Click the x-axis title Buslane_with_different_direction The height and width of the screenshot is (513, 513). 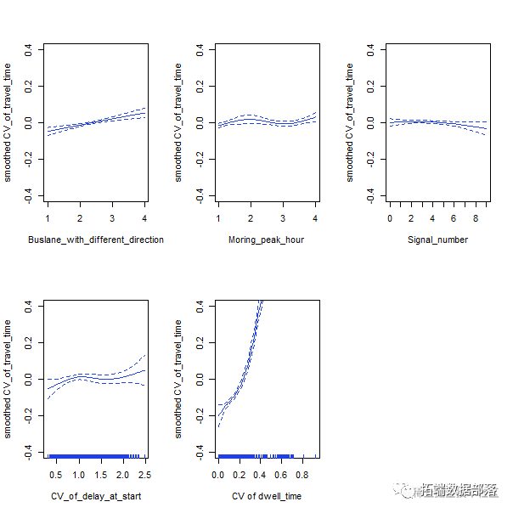pyautogui.click(x=96, y=240)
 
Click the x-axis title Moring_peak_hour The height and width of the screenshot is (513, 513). pyautogui.click(x=267, y=240)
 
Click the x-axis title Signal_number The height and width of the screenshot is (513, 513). pyautogui.click(x=438, y=240)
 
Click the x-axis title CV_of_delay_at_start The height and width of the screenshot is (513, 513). pyautogui.click(x=96, y=496)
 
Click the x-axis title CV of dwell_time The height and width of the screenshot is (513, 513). pyautogui.click(x=267, y=496)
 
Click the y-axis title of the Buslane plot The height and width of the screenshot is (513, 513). pyautogui.click(x=8, y=123)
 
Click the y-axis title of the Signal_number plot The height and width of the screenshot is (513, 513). pyautogui.click(x=350, y=123)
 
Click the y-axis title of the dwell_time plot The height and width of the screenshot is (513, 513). pyautogui.click(x=179, y=379)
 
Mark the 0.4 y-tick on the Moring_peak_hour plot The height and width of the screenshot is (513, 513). pyautogui.click(x=200, y=50)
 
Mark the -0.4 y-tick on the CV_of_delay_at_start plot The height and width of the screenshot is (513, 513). pyautogui.click(x=29, y=449)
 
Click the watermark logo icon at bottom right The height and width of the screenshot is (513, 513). pyautogui.click(x=397, y=490)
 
